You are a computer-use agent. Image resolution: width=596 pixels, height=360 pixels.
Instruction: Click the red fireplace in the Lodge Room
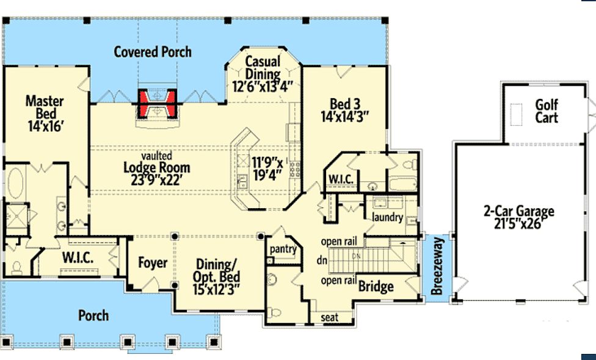156,103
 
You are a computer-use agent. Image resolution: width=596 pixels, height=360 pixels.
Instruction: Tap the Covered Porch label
153,52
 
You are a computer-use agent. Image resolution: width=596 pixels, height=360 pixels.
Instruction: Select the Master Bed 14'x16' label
45,113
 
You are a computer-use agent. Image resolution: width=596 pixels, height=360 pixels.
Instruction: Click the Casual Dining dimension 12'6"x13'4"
262,87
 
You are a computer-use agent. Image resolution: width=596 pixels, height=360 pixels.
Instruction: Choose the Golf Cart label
547,111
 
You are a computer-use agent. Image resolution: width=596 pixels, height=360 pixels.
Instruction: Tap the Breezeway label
437,266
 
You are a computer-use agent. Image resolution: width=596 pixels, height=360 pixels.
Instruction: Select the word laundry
387,217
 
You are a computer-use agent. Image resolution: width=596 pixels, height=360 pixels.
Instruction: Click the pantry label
283,249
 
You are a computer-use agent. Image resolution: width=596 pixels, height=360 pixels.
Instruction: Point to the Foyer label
153,262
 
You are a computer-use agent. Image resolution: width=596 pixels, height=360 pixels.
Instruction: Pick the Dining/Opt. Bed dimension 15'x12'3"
216,290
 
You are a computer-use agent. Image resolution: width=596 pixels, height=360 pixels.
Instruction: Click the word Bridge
376,286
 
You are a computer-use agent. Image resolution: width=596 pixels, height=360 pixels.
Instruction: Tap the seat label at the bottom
329,317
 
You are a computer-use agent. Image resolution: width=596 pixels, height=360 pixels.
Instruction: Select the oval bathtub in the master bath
16,183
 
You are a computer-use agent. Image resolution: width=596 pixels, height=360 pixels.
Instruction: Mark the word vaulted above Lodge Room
156,156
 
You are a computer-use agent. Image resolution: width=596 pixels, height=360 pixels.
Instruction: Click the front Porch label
93,315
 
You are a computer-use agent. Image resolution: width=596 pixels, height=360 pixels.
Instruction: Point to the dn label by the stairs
322,261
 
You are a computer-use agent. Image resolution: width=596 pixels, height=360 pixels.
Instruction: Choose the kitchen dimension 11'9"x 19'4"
267,168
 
